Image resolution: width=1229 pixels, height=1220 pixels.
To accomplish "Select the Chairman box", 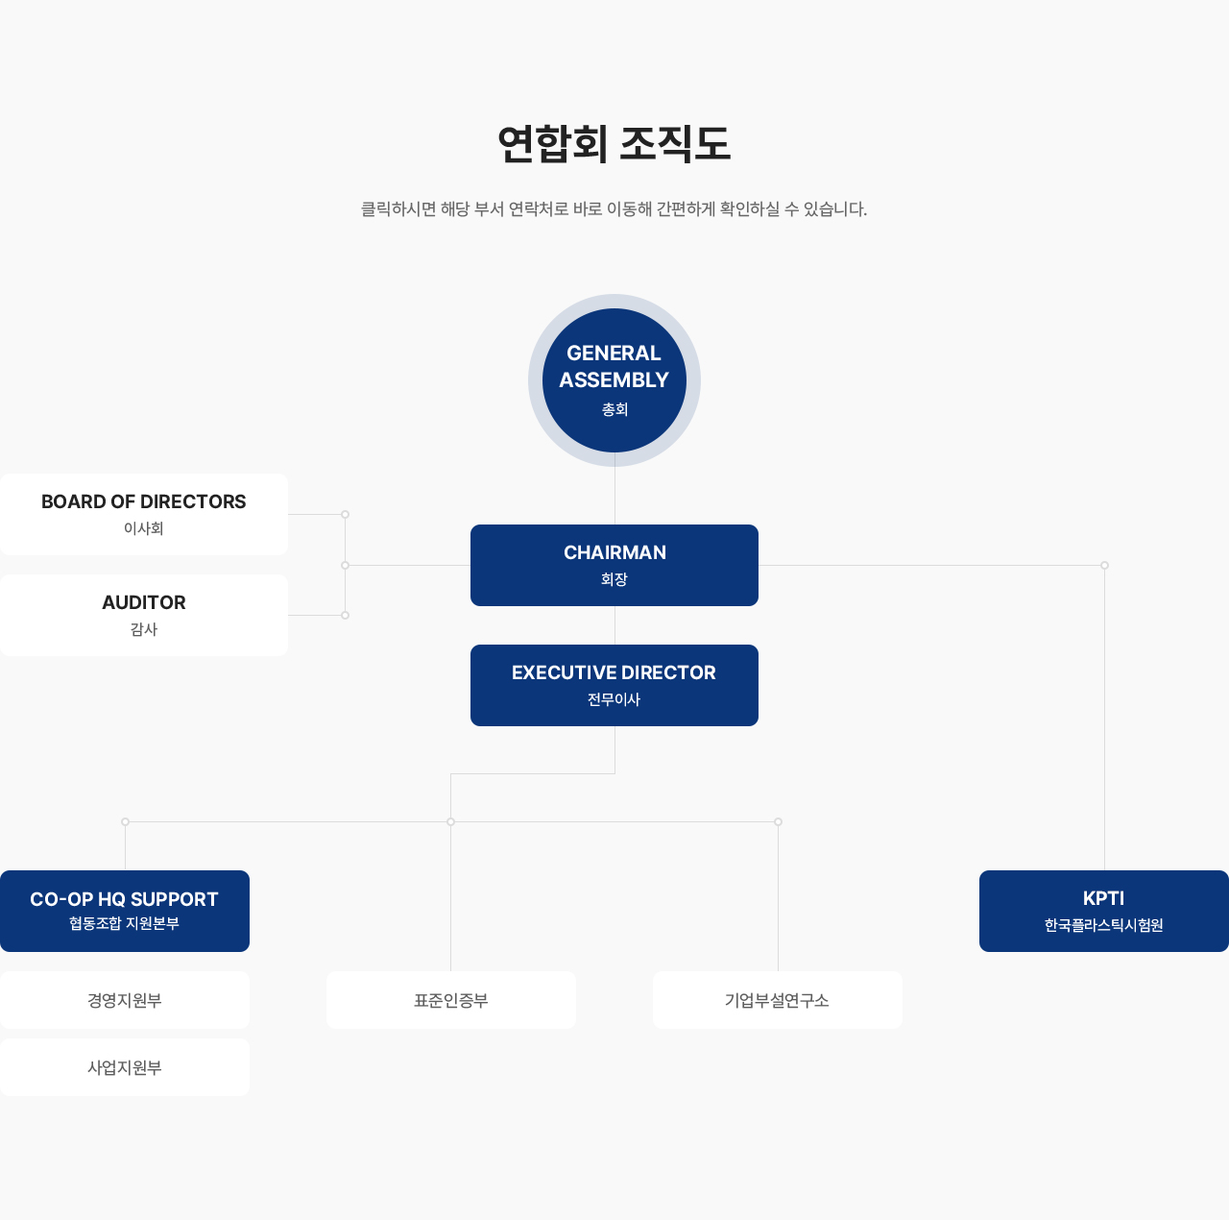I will pos(614,565).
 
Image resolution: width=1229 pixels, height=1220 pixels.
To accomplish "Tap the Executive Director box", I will pos(614,685).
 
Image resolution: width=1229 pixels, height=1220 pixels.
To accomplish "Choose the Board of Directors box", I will pos(144,514).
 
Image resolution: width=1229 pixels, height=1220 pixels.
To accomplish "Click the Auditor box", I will pos(144,615).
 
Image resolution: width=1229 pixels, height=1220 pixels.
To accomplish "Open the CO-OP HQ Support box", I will pos(125,911).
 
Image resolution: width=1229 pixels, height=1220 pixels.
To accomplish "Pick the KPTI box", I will pos(1104,911).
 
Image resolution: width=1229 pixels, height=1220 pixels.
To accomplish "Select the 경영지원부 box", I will pos(125,1000).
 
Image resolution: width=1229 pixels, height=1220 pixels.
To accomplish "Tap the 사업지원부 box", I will pos(125,1067).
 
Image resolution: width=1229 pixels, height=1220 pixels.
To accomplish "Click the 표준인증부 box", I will pos(451,1000).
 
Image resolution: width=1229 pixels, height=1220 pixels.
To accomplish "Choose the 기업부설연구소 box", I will pos(778,1000).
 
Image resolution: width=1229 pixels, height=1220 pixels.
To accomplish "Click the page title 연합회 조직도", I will pos(614,144).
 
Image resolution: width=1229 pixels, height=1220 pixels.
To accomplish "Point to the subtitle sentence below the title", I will pos(614,208).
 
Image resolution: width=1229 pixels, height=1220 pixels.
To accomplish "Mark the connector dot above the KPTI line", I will pos(1104,565).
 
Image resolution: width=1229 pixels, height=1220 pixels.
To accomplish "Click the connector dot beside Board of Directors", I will pos(345,514).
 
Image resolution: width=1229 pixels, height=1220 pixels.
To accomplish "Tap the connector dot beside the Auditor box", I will pos(345,615).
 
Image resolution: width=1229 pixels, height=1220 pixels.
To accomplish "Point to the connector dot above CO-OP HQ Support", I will pos(125,821).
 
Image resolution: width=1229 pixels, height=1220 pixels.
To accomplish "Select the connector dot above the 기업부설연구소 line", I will pos(778,821).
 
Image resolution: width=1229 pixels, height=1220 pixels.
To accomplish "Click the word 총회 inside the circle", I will pos(614,409).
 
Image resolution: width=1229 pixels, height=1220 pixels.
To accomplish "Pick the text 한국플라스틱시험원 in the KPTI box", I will pos(1104,925).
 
